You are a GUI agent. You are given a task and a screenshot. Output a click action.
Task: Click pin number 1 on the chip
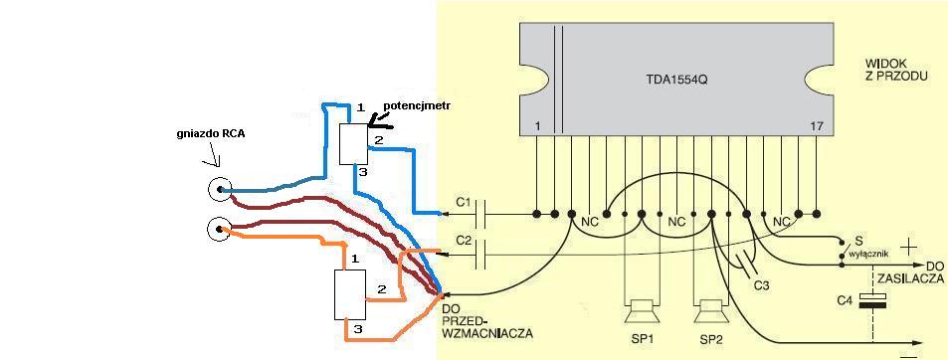tap(537, 127)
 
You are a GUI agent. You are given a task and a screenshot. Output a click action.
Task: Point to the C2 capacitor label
tap(464, 241)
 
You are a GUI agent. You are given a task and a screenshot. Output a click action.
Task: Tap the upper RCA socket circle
tap(219, 190)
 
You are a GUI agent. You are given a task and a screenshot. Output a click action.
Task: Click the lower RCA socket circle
tap(218, 229)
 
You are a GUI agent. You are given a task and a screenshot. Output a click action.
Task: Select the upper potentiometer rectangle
tap(353, 144)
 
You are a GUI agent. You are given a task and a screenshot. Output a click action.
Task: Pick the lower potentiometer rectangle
tap(350, 294)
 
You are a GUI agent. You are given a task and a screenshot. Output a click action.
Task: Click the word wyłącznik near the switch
tap(868, 255)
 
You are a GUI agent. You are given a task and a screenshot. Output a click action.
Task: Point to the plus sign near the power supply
tap(909, 248)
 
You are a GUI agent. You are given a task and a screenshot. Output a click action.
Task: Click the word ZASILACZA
tap(915, 278)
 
